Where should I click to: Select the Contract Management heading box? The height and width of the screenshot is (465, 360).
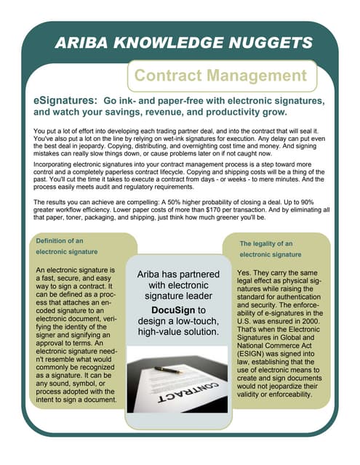[x=222, y=76]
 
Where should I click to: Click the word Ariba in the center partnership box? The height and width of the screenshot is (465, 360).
[x=151, y=275]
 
